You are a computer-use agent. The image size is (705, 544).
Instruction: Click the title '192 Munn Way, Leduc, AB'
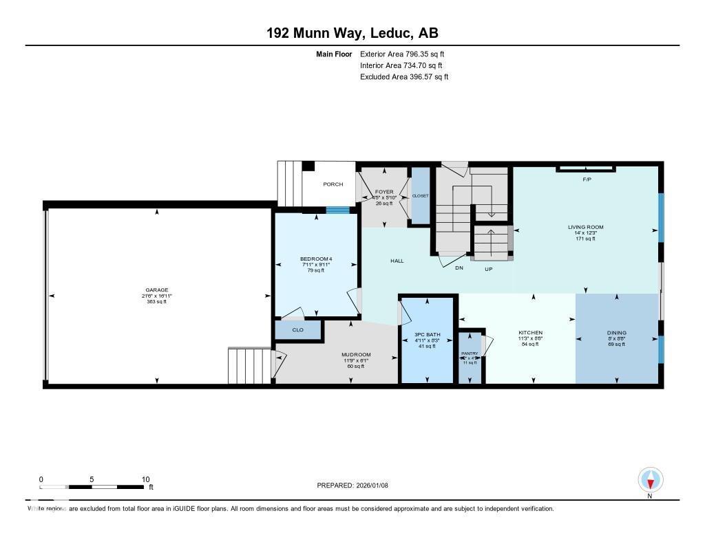(352, 33)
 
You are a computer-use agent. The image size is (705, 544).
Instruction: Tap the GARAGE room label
(157, 290)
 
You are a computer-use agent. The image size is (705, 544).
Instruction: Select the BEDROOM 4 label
(316, 259)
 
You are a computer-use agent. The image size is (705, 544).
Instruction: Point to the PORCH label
(333, 184)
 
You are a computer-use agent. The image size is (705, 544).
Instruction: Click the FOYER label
(384, 192)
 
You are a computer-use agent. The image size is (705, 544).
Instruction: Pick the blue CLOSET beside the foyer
(420, 196)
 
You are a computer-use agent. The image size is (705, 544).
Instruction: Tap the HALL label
(397, 261)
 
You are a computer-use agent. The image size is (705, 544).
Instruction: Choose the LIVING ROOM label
(585, 227)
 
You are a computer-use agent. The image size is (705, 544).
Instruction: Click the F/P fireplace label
(587, 179)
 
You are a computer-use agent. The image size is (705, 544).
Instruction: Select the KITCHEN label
(531, 333)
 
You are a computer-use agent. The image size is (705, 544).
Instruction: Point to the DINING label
(616, 333)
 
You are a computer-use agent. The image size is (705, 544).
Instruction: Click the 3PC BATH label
(427, 335)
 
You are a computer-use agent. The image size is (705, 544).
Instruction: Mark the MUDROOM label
(356, 355)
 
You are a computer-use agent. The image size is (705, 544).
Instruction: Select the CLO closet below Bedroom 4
(298, 330)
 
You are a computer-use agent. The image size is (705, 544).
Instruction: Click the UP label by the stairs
(489, 268)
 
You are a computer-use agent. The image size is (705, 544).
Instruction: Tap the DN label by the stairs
(459, 268)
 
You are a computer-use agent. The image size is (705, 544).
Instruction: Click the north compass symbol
(651, 479)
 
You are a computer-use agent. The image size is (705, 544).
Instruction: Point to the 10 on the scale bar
(145, 479)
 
